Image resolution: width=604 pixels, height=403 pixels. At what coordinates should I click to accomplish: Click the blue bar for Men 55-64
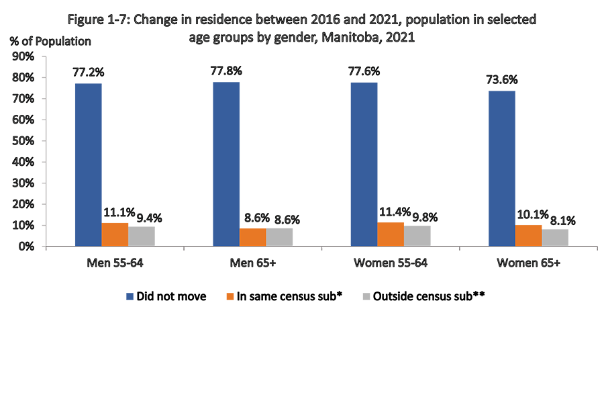pos(88,165)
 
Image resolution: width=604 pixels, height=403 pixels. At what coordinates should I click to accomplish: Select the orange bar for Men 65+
pos(252,237)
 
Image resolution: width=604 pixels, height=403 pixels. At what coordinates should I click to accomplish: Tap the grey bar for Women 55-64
pos(417,236)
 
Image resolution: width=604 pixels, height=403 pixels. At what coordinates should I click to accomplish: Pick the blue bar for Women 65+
pos(501,168)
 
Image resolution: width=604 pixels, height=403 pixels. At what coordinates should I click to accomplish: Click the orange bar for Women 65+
pos(528,235)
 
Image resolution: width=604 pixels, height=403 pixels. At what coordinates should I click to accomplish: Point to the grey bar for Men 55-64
pos(142,236)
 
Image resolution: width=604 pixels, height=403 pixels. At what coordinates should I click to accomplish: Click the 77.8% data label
pos(226,70)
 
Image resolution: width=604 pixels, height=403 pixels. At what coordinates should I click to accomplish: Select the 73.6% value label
pos(501,79)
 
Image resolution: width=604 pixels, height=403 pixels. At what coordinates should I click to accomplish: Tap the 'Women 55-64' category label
pos(390,263)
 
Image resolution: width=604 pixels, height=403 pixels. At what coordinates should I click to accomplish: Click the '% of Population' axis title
pos(50,41)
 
